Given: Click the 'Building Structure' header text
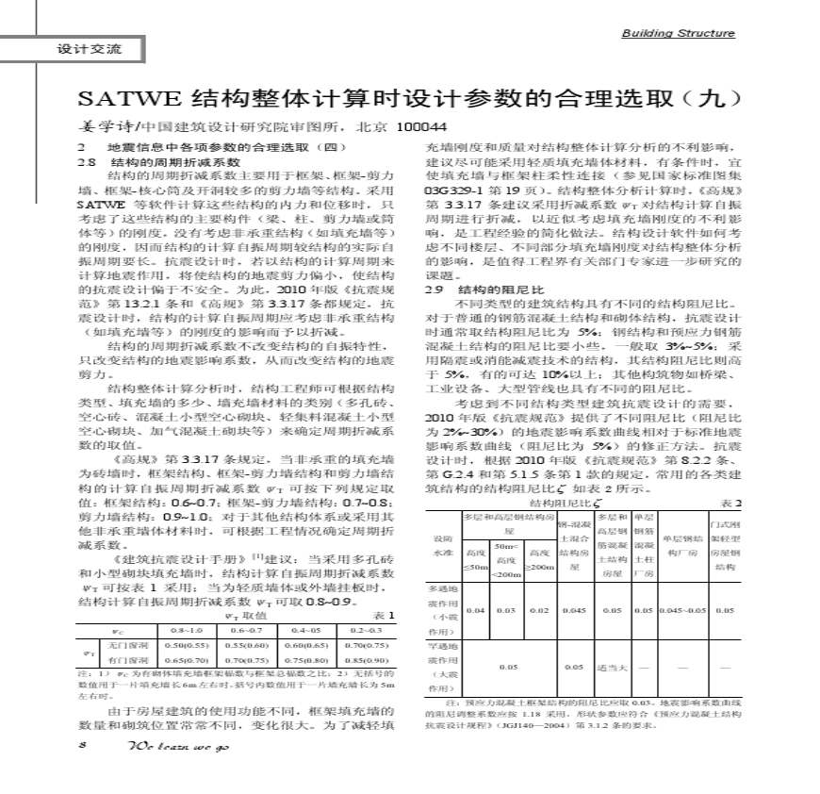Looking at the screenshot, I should pyautogui.click(x=678, y=34).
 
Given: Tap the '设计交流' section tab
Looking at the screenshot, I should pyautogui.click(x=84, y=49).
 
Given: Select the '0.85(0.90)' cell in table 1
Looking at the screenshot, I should pyautogui.click(x=363, y=661).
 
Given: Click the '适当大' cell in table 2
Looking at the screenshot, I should pyautogui.click(x=612, y=667).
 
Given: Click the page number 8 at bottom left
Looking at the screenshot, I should pyautogui.click(x=83, y=744).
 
